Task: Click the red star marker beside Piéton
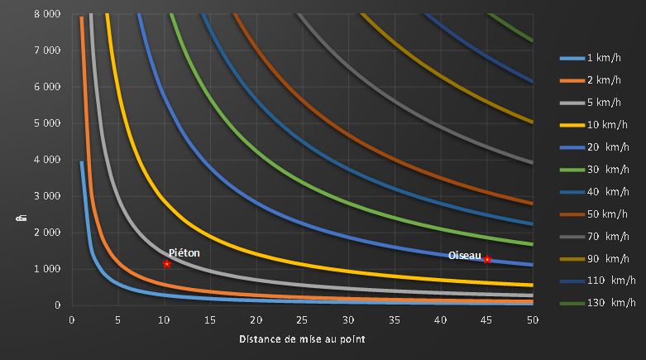(x=167, y=264)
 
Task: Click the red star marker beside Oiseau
(x=487, y=259)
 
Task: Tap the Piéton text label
(x=184, y=252)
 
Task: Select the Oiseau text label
(x=464, y=256)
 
